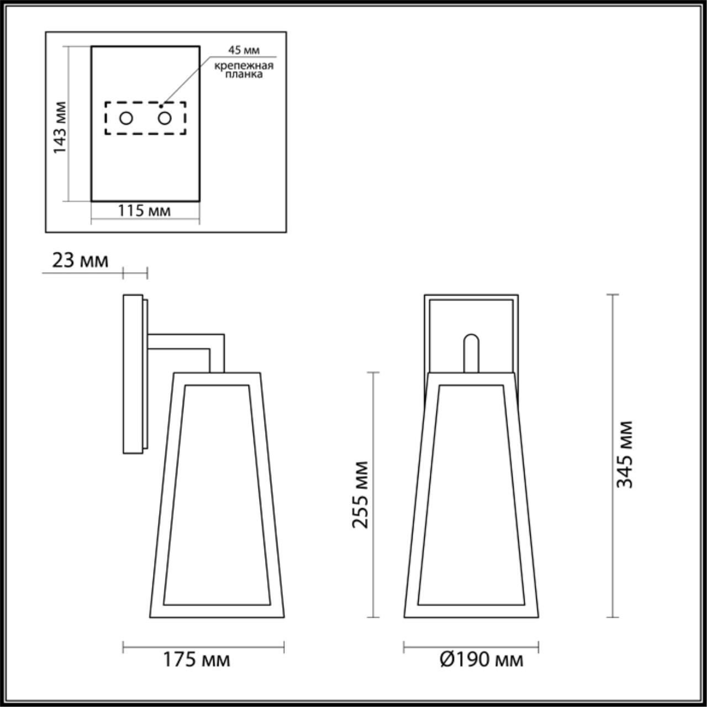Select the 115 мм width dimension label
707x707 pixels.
pos(144,210)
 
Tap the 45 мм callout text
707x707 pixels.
pos(244,50)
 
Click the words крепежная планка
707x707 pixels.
pos(244,70)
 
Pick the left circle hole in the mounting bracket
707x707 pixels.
pos(126,118)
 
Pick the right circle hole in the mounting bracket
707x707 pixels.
pos(165,118)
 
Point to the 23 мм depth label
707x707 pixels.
pos(80,260)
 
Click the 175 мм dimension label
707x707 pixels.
pos(196,659)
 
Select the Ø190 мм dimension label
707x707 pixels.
pos(481,659)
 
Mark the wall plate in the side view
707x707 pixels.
pos(133,374)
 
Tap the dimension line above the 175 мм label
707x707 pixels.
pos(203,647)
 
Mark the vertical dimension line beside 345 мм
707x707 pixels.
pos(612,456)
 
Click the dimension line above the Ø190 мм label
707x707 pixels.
pos(471,647)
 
